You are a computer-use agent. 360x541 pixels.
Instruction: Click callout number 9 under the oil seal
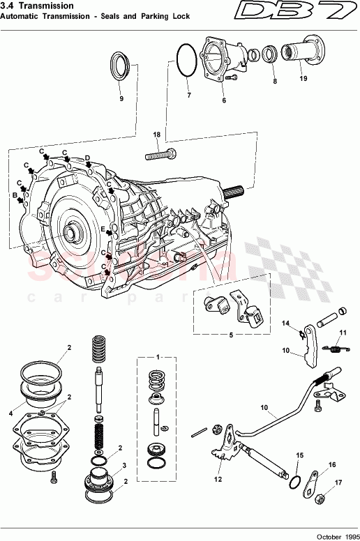click(121, 99)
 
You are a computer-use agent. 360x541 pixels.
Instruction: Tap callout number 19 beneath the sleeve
click(303, 79)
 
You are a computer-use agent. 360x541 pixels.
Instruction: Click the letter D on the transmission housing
click(87, 158)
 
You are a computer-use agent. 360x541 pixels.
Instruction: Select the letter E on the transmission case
click(102, 229)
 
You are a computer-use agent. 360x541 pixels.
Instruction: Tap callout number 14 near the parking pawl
click(285, 323)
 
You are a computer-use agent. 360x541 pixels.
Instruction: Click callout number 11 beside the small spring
click(343, 332)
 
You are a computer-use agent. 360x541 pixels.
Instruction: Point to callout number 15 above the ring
click(299, 455)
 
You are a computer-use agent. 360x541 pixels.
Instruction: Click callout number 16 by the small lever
click(332, 464)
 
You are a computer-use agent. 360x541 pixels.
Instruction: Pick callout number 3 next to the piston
click(124, 465)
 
